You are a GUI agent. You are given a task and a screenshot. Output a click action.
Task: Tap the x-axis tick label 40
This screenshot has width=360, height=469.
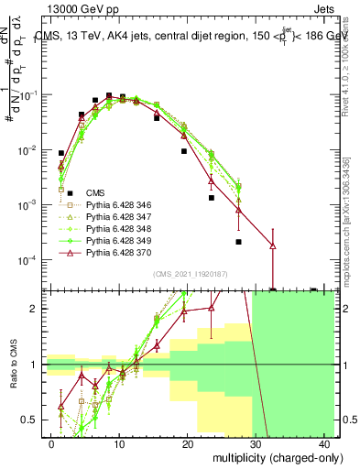pyautogui.click(x=324, y=442)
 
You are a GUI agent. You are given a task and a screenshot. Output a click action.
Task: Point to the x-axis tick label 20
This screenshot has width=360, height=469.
pyautogui.click(x=188, y=442)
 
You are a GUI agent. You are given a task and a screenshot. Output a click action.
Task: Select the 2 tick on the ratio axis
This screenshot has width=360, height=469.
pyautogui.click(x=36, y=309)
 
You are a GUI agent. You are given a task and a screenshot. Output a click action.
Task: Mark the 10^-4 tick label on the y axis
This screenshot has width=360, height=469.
pyautogui.click(x=29, y=259)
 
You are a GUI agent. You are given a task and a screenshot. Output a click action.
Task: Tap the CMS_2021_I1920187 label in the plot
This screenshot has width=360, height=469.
pyautogui.click(x=189, y=274)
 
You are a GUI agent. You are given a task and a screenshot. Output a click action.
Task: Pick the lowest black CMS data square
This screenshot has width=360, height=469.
pyautogui.click(x=238, y=242)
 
